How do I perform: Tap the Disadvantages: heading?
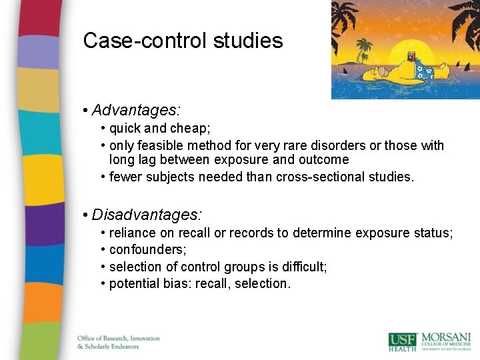[x=147, y=215]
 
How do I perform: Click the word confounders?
[x=147, y=250]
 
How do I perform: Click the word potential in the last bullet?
[x=133, y=284]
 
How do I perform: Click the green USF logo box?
[x=403, y=340]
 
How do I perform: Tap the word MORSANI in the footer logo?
[x=446, y=337]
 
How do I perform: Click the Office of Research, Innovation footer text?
[x=119, y=338]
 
